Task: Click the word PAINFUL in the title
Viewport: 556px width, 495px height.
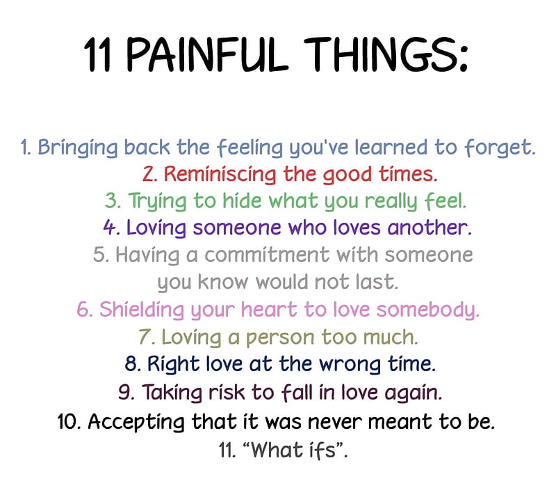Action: [206, 54]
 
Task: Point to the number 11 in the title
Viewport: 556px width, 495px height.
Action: [97, 55]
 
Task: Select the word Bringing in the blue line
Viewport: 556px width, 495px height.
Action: [78, 148]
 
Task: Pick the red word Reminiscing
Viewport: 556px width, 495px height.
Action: [220, 175]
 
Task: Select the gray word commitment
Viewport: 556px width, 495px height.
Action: [267, 255]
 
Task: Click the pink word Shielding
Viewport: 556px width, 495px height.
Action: [142, 310]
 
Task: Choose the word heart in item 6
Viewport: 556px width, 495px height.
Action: [269, 309]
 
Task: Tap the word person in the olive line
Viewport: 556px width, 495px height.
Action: [280, 338]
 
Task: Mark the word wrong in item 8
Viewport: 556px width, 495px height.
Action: [350, 365]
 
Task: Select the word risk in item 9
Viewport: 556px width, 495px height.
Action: [227, 393]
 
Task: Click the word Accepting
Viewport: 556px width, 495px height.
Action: [136, 422]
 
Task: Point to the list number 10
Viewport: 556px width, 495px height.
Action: [69, 421]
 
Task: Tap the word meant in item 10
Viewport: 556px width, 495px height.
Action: [400, 422]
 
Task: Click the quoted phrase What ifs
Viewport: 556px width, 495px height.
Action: [293, 450]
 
